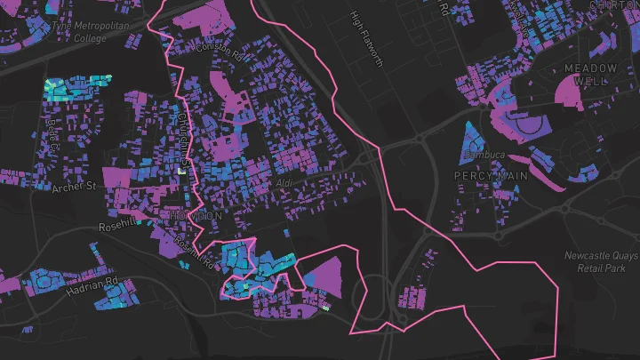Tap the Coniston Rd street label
(x=220, y=52)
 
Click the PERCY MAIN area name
(x=491, y=176)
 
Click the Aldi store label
(x=284, y=183)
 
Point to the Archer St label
(x=73, y=187)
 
